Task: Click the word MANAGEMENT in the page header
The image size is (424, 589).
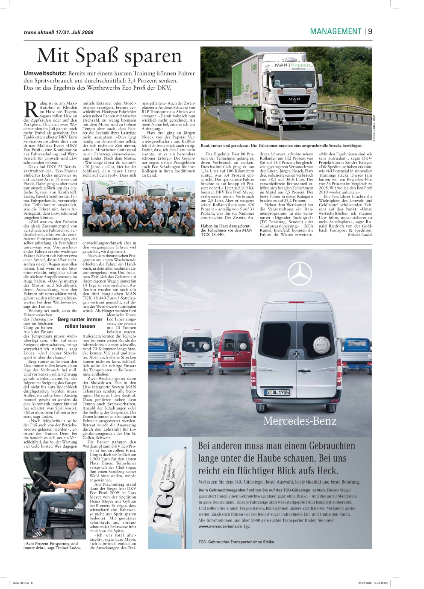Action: click(x=336, y=31)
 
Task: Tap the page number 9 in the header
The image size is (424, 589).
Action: click(x=370, y=31)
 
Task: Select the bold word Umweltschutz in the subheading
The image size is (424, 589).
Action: click(x=44, y=73)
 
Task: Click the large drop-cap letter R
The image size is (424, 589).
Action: click(x=31, y=109)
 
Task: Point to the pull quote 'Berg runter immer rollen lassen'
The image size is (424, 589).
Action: click(x=80, y=323)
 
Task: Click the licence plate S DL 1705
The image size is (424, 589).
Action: click(x=277, y=392)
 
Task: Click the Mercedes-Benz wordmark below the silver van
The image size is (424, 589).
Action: click(x=300, y=421)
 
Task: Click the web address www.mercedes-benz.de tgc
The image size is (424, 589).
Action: click(x=224, y=527)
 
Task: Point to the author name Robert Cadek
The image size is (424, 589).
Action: click(x=360, y=234)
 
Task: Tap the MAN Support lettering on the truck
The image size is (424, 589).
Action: click(x=292, y=65)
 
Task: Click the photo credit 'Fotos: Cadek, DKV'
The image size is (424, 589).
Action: click(x=374, y=128)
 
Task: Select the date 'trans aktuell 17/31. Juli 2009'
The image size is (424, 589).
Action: click(x=59, y=32)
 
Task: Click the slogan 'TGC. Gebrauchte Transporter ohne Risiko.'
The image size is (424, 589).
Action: click(x=237, y=542)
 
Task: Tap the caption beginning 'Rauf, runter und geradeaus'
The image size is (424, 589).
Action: click(x=281, y=146)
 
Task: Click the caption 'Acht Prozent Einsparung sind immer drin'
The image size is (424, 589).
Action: click(x=52, y=545)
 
